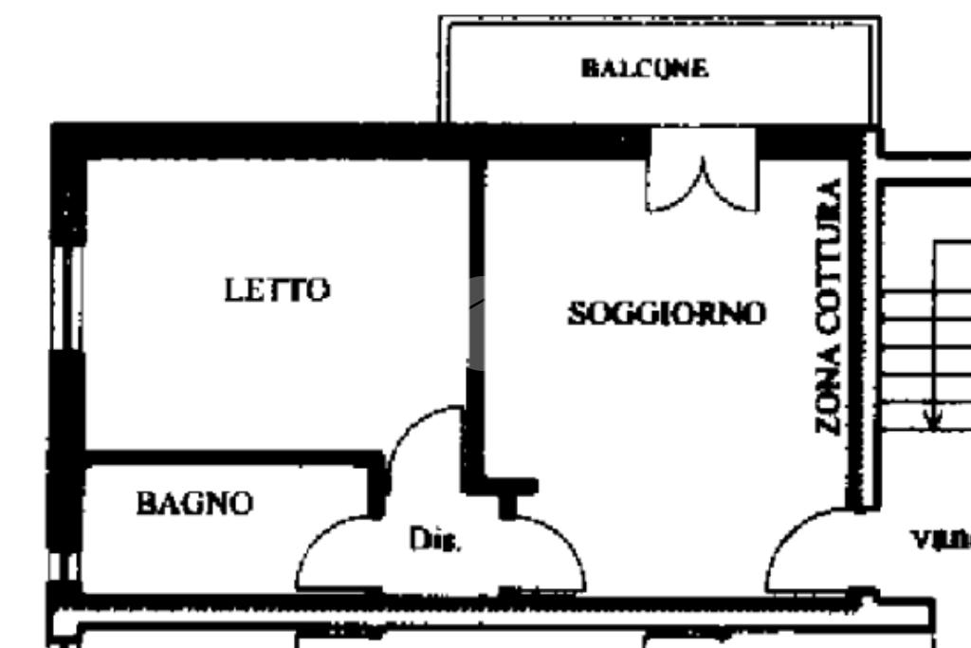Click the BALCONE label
coord(644,68)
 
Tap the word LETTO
coord(277,289)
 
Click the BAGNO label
coord(195,503)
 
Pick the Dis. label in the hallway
coord(435,542)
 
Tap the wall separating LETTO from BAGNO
coord(228,457)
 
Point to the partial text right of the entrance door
coord(942,540)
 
